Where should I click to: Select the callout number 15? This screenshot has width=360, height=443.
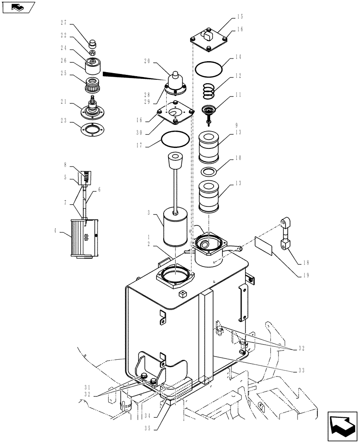240,17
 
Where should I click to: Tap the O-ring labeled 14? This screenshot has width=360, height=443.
208,69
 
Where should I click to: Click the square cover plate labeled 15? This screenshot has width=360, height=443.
208,40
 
